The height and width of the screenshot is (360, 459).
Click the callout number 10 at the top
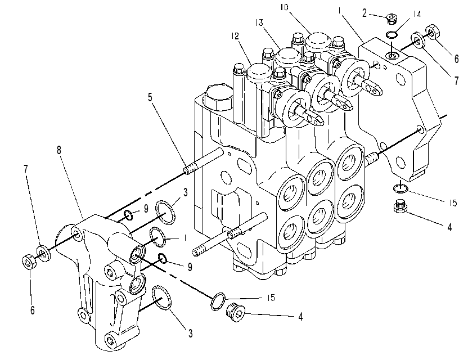pos(284,7)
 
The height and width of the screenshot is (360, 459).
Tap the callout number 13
pos(259,22)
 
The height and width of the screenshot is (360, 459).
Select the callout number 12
pos(235,36)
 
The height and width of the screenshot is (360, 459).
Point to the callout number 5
pos(150,97)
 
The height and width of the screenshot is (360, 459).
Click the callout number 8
pos(59,150)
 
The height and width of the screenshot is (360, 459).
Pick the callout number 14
pos(417,13)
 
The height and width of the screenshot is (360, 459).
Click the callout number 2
pos(364,13)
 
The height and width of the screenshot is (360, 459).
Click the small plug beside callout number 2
pos(391,19)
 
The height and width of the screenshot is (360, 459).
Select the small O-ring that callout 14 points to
pos(391,35)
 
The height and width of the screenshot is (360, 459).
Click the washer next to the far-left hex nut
pos(43,254)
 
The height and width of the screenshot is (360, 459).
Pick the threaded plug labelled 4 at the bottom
pos(236,313)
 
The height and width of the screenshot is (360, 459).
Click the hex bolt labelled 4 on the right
pos(400,206)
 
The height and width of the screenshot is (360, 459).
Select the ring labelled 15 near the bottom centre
pos(218,301)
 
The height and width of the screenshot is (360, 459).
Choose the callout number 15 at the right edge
pos(453,202)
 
